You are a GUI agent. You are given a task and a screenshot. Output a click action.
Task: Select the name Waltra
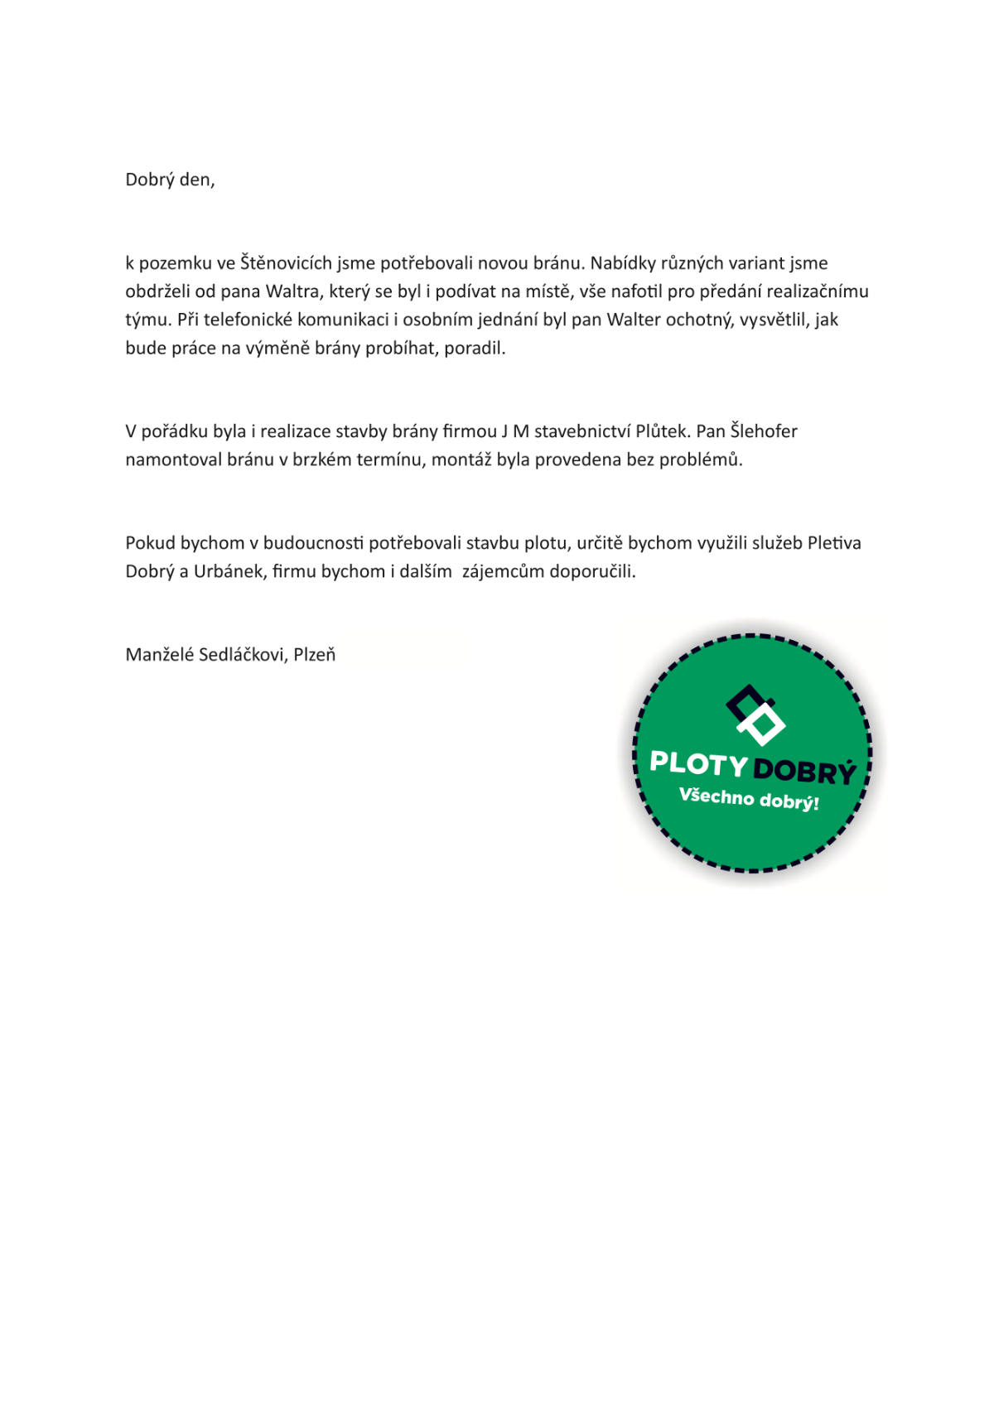(x=292, y=291)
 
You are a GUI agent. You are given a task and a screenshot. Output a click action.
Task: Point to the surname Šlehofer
(x=764, y=431)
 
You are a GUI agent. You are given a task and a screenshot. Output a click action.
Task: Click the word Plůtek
(x=662, y=431)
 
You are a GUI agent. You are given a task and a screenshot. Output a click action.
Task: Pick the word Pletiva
(x=834, y=543)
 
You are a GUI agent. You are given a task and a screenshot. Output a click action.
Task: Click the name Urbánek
(x=229, y=571)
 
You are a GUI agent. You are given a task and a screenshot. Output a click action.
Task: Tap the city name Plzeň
(x=315, y=655)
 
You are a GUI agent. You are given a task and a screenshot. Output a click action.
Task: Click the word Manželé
(x=160, y=655)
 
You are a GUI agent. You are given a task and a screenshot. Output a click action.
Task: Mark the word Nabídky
(x=622, y=263)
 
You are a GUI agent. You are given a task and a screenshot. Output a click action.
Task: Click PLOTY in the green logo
(x=698, y=763)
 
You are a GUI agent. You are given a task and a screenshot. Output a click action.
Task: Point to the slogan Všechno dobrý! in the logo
(x=749, y=799)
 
